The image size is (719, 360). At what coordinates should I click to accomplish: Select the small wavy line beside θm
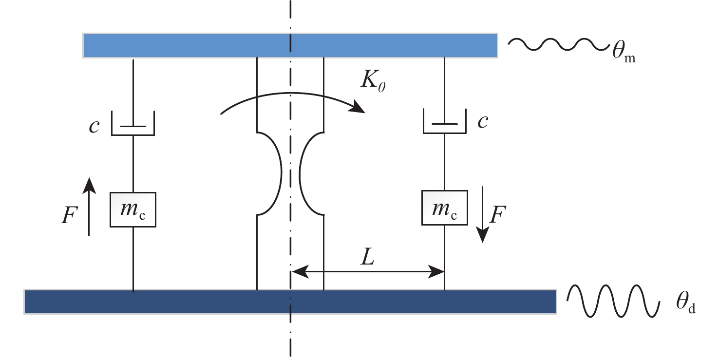[555, 44]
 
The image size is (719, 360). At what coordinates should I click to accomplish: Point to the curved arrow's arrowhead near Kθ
[359, 107]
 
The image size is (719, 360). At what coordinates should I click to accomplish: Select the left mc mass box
[133, 209]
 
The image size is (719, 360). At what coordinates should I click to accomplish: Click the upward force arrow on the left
[89, 207]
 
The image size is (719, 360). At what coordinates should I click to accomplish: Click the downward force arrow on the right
[483, 215]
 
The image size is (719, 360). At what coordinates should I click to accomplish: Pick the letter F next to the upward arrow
[69, 215]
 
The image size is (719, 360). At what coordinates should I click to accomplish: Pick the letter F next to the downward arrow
[497, 216]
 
